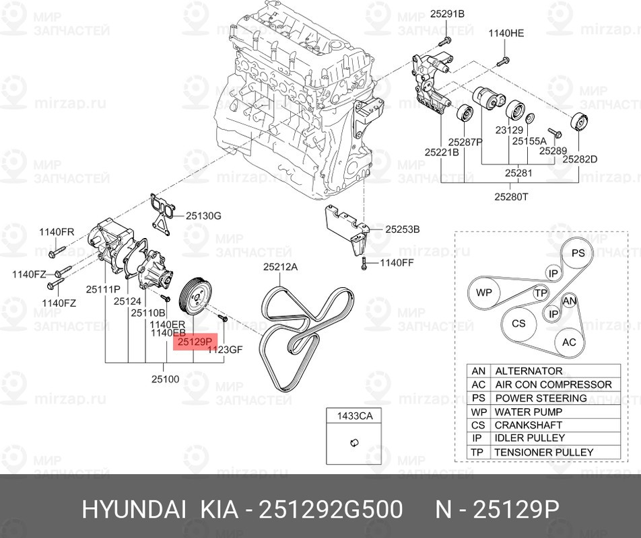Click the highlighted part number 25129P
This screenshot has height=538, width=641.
[x=195, y=342]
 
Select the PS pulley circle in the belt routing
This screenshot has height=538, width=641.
[x=578, y=253]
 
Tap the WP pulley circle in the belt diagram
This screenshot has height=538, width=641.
[x=485, y=293]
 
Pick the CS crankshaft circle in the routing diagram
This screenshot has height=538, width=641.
[x=518, y=323]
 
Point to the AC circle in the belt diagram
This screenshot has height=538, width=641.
[x=570, y=342]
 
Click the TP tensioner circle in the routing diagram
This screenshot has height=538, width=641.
[x=541, y=293]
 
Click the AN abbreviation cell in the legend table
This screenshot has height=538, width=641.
[x=479, y=371]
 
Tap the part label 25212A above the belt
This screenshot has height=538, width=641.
[x=280, y=267]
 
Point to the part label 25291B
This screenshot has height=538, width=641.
[x=448, y=13]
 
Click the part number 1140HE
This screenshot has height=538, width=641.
[x=506, y=32]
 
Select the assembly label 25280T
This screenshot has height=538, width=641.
[x=511, y=196]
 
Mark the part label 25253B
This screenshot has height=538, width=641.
[x=403, y=229]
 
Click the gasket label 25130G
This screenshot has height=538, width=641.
[x=203, y=215]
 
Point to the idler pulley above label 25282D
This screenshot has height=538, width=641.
[x=578, y=124]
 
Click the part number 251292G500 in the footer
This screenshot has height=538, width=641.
[x=332, y=509]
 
